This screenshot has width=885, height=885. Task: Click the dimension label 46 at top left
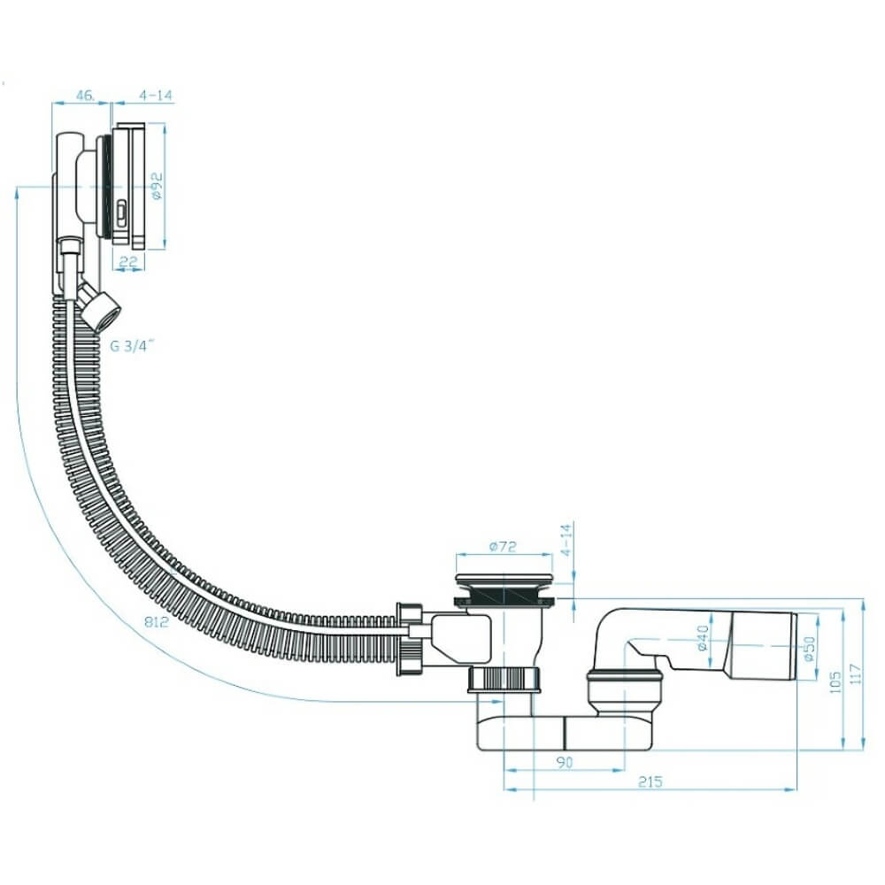[x=85, y=95]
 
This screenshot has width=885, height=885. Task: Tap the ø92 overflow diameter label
[x=157, y=186]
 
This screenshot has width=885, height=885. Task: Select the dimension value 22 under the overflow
[x=128, y=261]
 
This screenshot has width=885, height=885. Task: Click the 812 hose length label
[x=157, y=621]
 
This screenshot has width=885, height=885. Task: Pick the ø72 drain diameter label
[x=503, y=546]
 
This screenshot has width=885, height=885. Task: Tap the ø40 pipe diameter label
[x=703, y=638]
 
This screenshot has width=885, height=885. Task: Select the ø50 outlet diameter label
[x=811, y=650]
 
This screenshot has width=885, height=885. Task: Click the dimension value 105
[x=836, y=681]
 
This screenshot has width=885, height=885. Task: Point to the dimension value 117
[x=856, y=673]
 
